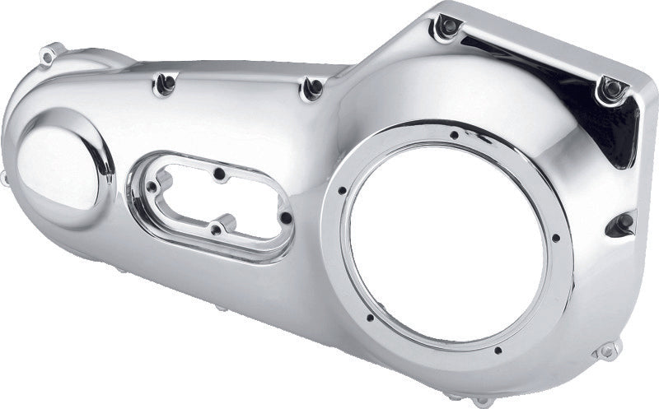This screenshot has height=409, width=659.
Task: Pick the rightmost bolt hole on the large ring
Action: point(556,239)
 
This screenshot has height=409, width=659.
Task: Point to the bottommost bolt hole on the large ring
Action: point(498,350)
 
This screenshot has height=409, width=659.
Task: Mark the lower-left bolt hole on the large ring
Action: point(370,317)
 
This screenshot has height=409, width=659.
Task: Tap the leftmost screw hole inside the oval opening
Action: point(151,188)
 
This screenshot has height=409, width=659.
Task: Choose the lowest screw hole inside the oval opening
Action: point(213,230)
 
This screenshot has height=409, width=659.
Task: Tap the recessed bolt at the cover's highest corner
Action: point(448,27)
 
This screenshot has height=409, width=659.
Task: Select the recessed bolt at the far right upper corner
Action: point(610,87)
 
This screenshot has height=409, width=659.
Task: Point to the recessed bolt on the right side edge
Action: point(623,222)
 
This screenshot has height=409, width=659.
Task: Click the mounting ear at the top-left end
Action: point(50,55)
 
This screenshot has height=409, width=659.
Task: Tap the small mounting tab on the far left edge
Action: point(6,179)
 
